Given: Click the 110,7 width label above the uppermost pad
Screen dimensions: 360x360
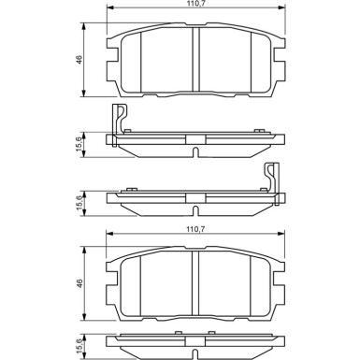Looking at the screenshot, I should (x=194, y=7).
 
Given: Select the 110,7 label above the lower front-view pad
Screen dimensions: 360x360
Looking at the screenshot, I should (x=194, y=228).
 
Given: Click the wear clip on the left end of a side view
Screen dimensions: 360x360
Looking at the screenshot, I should (x=119, y=122).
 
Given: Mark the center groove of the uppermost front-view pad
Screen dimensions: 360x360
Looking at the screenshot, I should (x=194, y=61).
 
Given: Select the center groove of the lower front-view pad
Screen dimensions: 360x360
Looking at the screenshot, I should (x=194, y=282).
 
